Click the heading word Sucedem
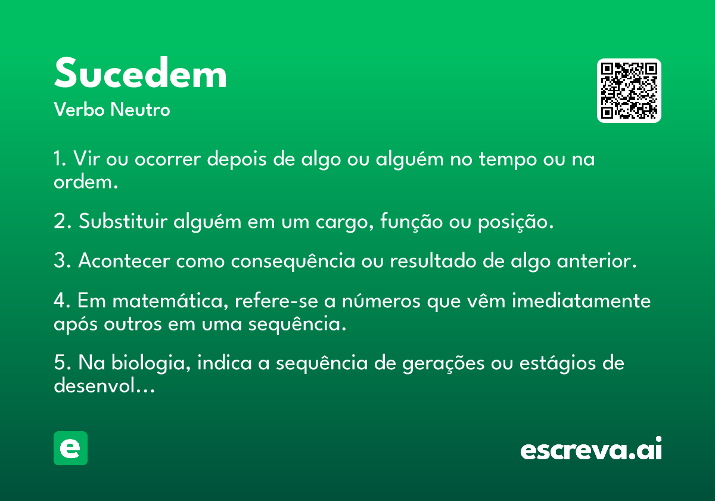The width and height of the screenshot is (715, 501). [141, 73]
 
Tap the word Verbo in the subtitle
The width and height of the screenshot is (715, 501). [79, 109]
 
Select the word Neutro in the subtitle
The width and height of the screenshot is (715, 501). [140, 109]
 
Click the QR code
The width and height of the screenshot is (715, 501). [629, 91]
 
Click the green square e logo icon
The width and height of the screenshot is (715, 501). [70, 448]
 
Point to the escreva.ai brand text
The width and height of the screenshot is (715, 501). [591, 448]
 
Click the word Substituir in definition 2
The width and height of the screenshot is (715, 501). [123, 221]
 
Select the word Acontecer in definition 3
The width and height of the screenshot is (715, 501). [124, 261]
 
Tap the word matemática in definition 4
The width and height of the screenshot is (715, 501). [170, 301]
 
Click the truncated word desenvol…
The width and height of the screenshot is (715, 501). [104, 385]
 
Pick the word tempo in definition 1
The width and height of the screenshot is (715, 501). [508, 160]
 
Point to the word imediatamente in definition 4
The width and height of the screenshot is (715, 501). [582, 301]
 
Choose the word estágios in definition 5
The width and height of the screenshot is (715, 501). [558, 364]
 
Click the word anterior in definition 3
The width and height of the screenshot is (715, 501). [596, 261]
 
